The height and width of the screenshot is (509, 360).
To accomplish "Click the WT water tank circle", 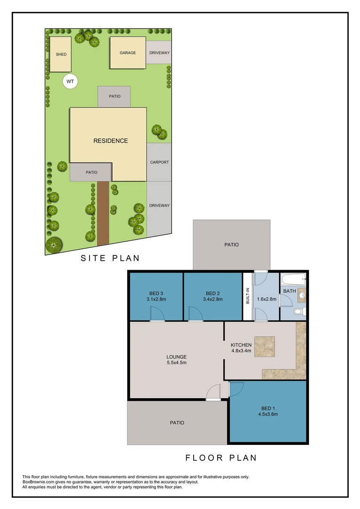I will pyautogui.click(x=70, y=82).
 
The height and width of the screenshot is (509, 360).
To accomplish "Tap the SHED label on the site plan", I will pyautogui.click(x=61, y=54).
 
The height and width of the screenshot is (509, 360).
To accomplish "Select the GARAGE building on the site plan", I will pyautogui.click(x=127, y=53).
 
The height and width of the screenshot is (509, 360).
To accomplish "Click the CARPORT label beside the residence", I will pyautogui.click(x=159, y=162).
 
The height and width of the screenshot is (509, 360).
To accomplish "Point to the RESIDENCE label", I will pyautogui.click(x=110, y=140).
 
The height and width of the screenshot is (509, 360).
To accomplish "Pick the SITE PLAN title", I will pyautogui.click(x=110, y=258).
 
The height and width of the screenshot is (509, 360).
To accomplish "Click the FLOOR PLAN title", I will pyautogui.click(x=221, y=458).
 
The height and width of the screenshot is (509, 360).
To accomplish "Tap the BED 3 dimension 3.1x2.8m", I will pyautogui.click(x=156, y=299).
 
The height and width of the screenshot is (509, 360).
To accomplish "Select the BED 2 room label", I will pyautogui.click(x=213, y=293).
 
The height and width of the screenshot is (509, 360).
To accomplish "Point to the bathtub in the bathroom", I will pyautogui.click(x=294, y=280).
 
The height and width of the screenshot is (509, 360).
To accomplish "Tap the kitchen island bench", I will pyautogui.click(x=265, y=346).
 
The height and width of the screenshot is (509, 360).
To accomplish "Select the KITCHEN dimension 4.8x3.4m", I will pyautogui.click(x=241, y=351).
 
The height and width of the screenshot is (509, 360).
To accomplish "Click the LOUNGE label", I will pyautogui.click(x=177, y=357).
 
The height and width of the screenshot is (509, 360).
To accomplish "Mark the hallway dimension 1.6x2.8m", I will pyautogui.click(x=266, y=299).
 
